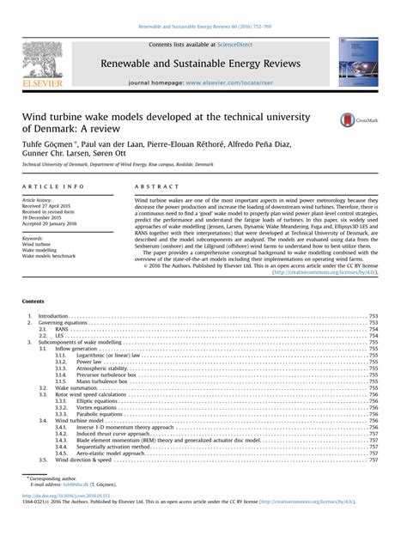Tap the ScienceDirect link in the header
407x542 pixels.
[239, 45]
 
